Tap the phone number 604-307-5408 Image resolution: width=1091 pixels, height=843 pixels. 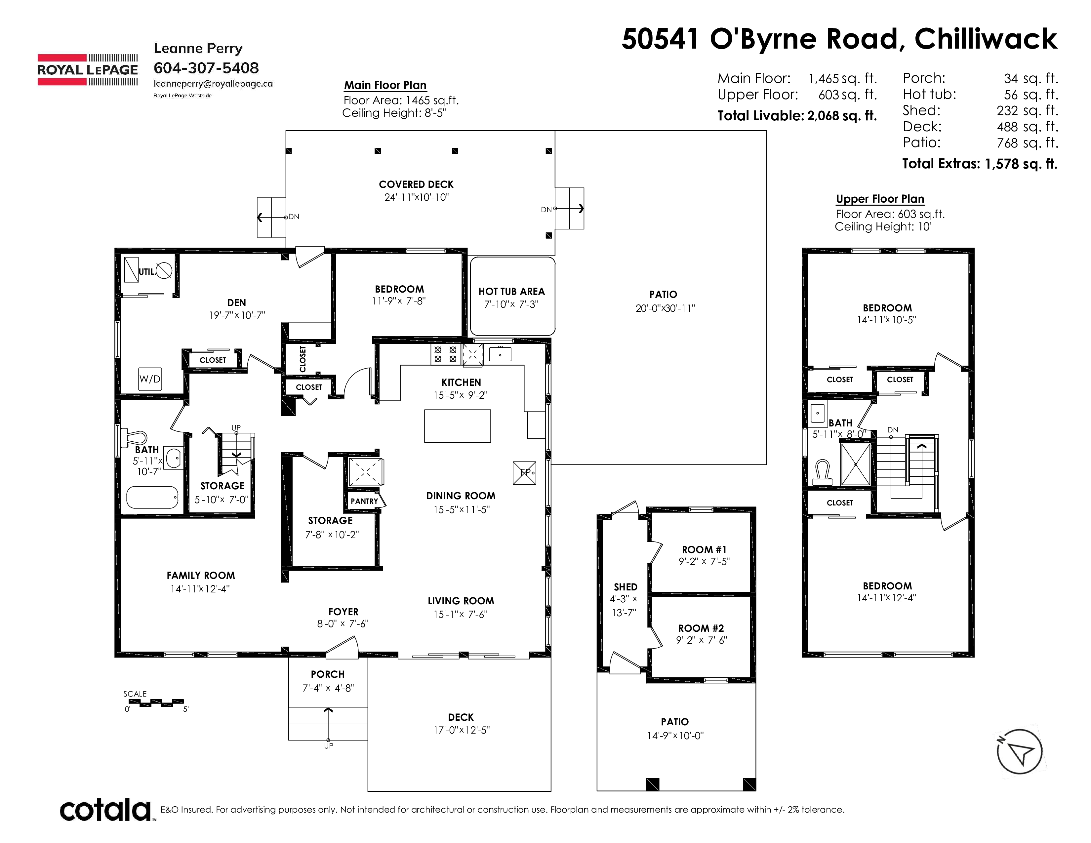206,68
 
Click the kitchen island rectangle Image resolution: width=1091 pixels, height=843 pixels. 457,426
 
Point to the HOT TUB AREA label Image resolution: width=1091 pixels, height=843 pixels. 511,291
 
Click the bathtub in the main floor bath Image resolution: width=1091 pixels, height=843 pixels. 152,498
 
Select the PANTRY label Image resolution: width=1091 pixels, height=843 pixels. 364,501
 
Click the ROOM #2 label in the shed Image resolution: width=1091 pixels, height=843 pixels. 701,628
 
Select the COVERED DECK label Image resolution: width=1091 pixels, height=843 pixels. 416,184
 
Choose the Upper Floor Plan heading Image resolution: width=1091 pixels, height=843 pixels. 880,199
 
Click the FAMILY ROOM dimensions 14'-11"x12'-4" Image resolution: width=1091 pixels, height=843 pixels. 200,589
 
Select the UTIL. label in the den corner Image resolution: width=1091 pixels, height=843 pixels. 147,272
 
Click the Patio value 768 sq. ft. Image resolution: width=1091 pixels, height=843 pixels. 1027,143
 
